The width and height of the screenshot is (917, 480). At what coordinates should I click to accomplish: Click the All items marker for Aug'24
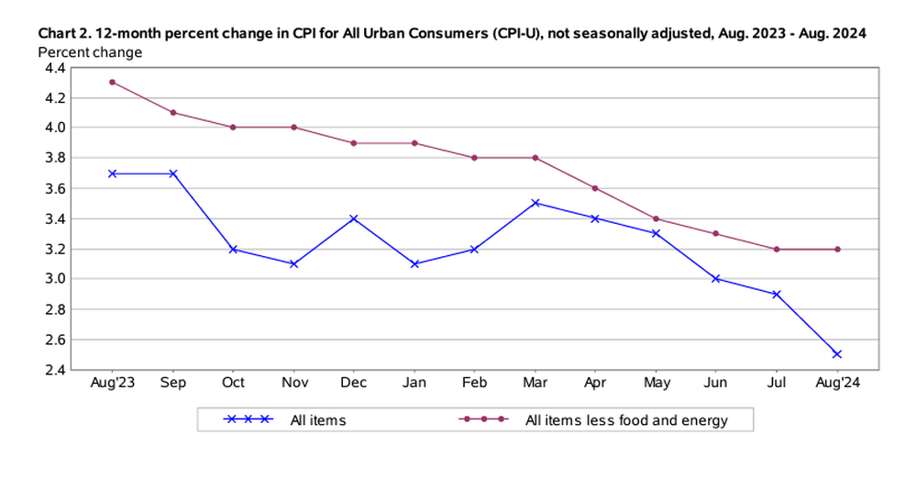pyautogui.click(x=836, y=354)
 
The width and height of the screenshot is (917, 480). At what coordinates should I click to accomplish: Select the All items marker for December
pyautogui.click(x=354, y=218)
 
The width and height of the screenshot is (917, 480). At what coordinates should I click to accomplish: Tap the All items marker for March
pyautogui.click(x=535, y=203)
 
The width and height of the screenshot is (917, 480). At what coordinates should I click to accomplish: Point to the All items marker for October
pyautogui.click(x=233, y=249)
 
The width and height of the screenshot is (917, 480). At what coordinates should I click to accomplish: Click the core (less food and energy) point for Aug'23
pyautogui.click(x=112, y=82)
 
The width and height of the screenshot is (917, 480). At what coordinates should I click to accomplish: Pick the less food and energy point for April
pyautogui.click(x=595, y=188)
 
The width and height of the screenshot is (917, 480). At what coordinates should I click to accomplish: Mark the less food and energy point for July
pyautogui.click(x=777, y=249)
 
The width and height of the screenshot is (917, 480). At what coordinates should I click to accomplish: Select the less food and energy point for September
pyautogui.click(x=172, y=112)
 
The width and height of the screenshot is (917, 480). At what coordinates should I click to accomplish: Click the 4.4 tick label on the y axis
pyautogui.click(x=54, y=67)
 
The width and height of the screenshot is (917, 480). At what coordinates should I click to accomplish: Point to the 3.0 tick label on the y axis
pyautogui.click(x=54, y=279)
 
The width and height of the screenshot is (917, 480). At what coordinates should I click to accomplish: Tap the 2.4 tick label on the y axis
pyautogui.click(x=54, y=370)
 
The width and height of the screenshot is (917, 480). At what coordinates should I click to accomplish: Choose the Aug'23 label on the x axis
pyautogui.click(x=112, y=384)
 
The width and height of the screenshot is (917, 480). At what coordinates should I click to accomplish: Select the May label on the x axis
pyautogui.click(x=656, y=384)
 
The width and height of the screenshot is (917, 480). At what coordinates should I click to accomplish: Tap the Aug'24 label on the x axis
pyautogui.click(x=836, y=384)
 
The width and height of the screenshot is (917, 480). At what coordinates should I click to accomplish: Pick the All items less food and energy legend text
pyautogui.click(x=626, y=420)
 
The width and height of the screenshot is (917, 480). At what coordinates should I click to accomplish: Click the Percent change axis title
pyautogui.click(x=91, y=51)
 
